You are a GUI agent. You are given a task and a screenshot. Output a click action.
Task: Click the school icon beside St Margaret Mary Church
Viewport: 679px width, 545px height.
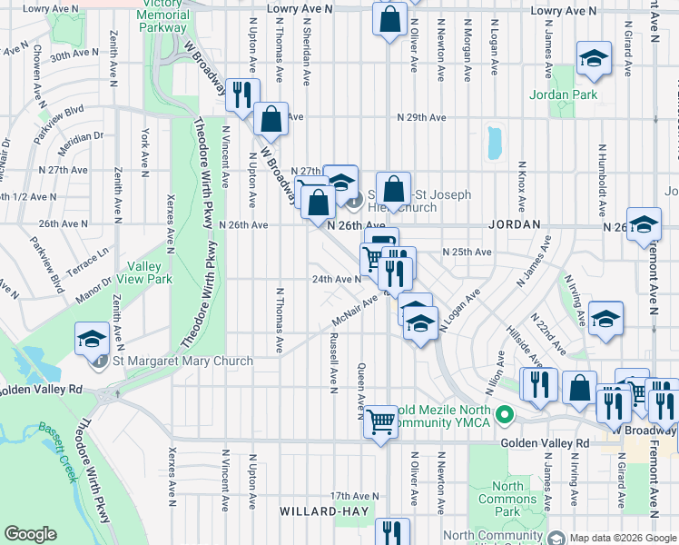(93, 339)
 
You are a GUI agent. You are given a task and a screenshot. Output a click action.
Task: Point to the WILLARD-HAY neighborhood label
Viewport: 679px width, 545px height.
(324, 511)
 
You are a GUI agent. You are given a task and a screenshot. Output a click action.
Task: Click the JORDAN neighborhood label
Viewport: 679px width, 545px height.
(514, 223)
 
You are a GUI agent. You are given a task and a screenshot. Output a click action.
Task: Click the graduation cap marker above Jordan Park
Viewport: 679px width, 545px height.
(594, 59)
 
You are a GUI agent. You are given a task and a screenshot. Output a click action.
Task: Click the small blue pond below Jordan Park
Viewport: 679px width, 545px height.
(495, 142)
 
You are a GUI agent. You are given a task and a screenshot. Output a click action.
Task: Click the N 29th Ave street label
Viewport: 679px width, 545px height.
(421, 118)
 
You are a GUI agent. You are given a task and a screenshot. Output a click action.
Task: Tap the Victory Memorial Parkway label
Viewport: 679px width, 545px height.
(163, 15)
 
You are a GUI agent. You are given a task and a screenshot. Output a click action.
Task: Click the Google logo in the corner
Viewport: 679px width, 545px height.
(30, 534)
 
